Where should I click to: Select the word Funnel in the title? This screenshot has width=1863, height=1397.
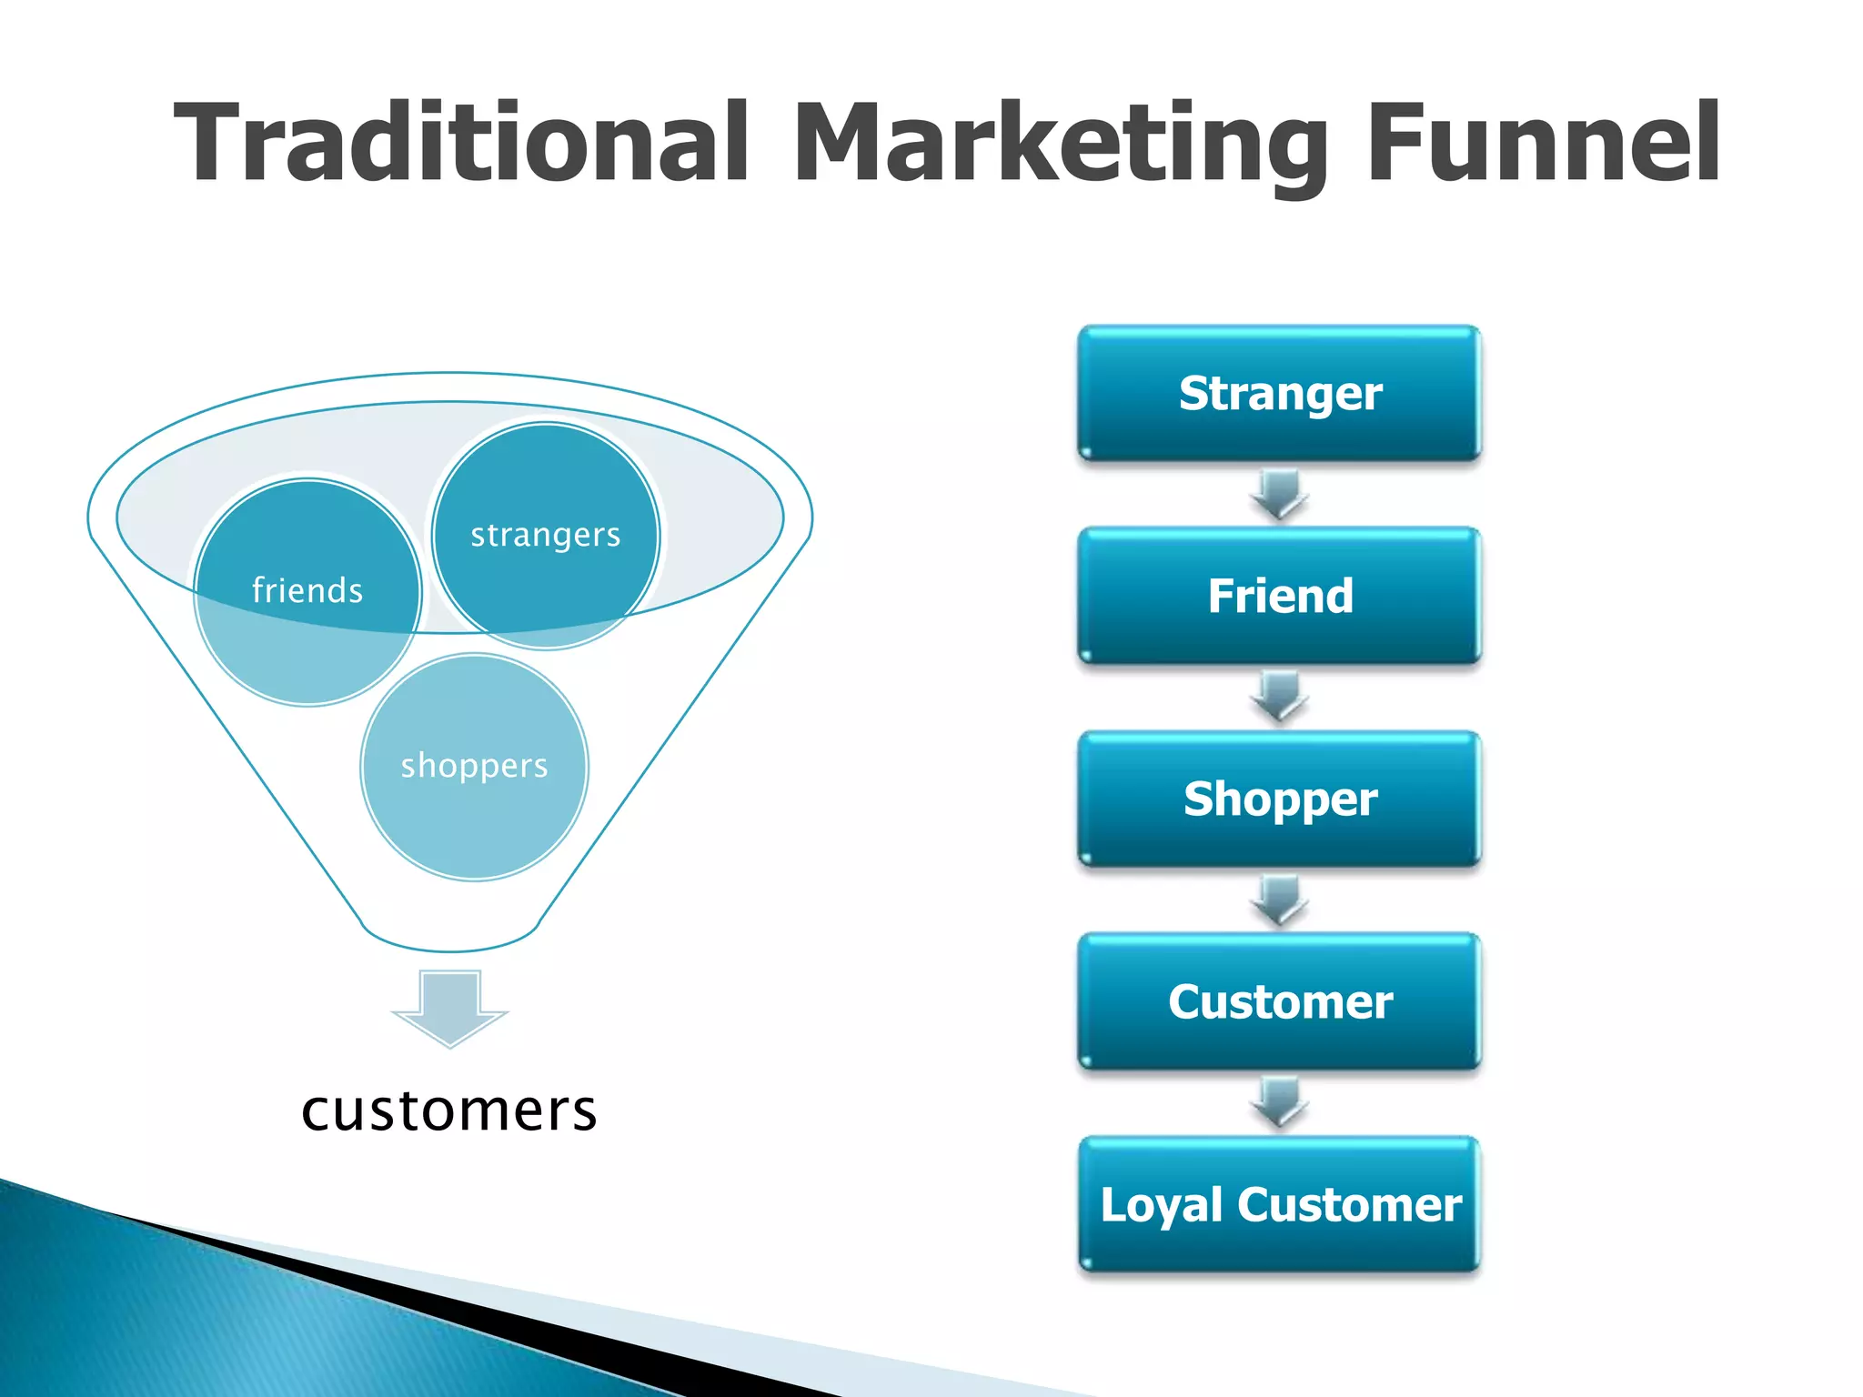pos(1543,143)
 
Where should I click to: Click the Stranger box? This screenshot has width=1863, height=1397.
pos(1280,393)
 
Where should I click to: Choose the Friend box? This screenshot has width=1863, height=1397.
pos(1280,596)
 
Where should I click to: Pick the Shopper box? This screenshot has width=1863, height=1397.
pos(1280,799)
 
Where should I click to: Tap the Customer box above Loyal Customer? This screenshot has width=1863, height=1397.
pos(1280,1001)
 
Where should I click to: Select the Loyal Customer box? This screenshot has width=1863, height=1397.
pos(1280,1204)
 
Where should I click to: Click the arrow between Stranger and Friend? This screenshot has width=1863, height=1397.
pos(1280,494)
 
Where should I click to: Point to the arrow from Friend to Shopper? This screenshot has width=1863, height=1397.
pos(1280,697)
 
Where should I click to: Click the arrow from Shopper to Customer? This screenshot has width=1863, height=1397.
pos(1280,900)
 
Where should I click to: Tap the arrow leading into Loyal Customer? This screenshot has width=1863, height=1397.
pos(1280,1102)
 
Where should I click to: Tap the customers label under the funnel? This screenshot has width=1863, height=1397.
pos(449,1111)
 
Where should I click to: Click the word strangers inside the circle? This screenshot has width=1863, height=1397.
pos(546,535)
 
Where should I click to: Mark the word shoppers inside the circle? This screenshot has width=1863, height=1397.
pos(474,766)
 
